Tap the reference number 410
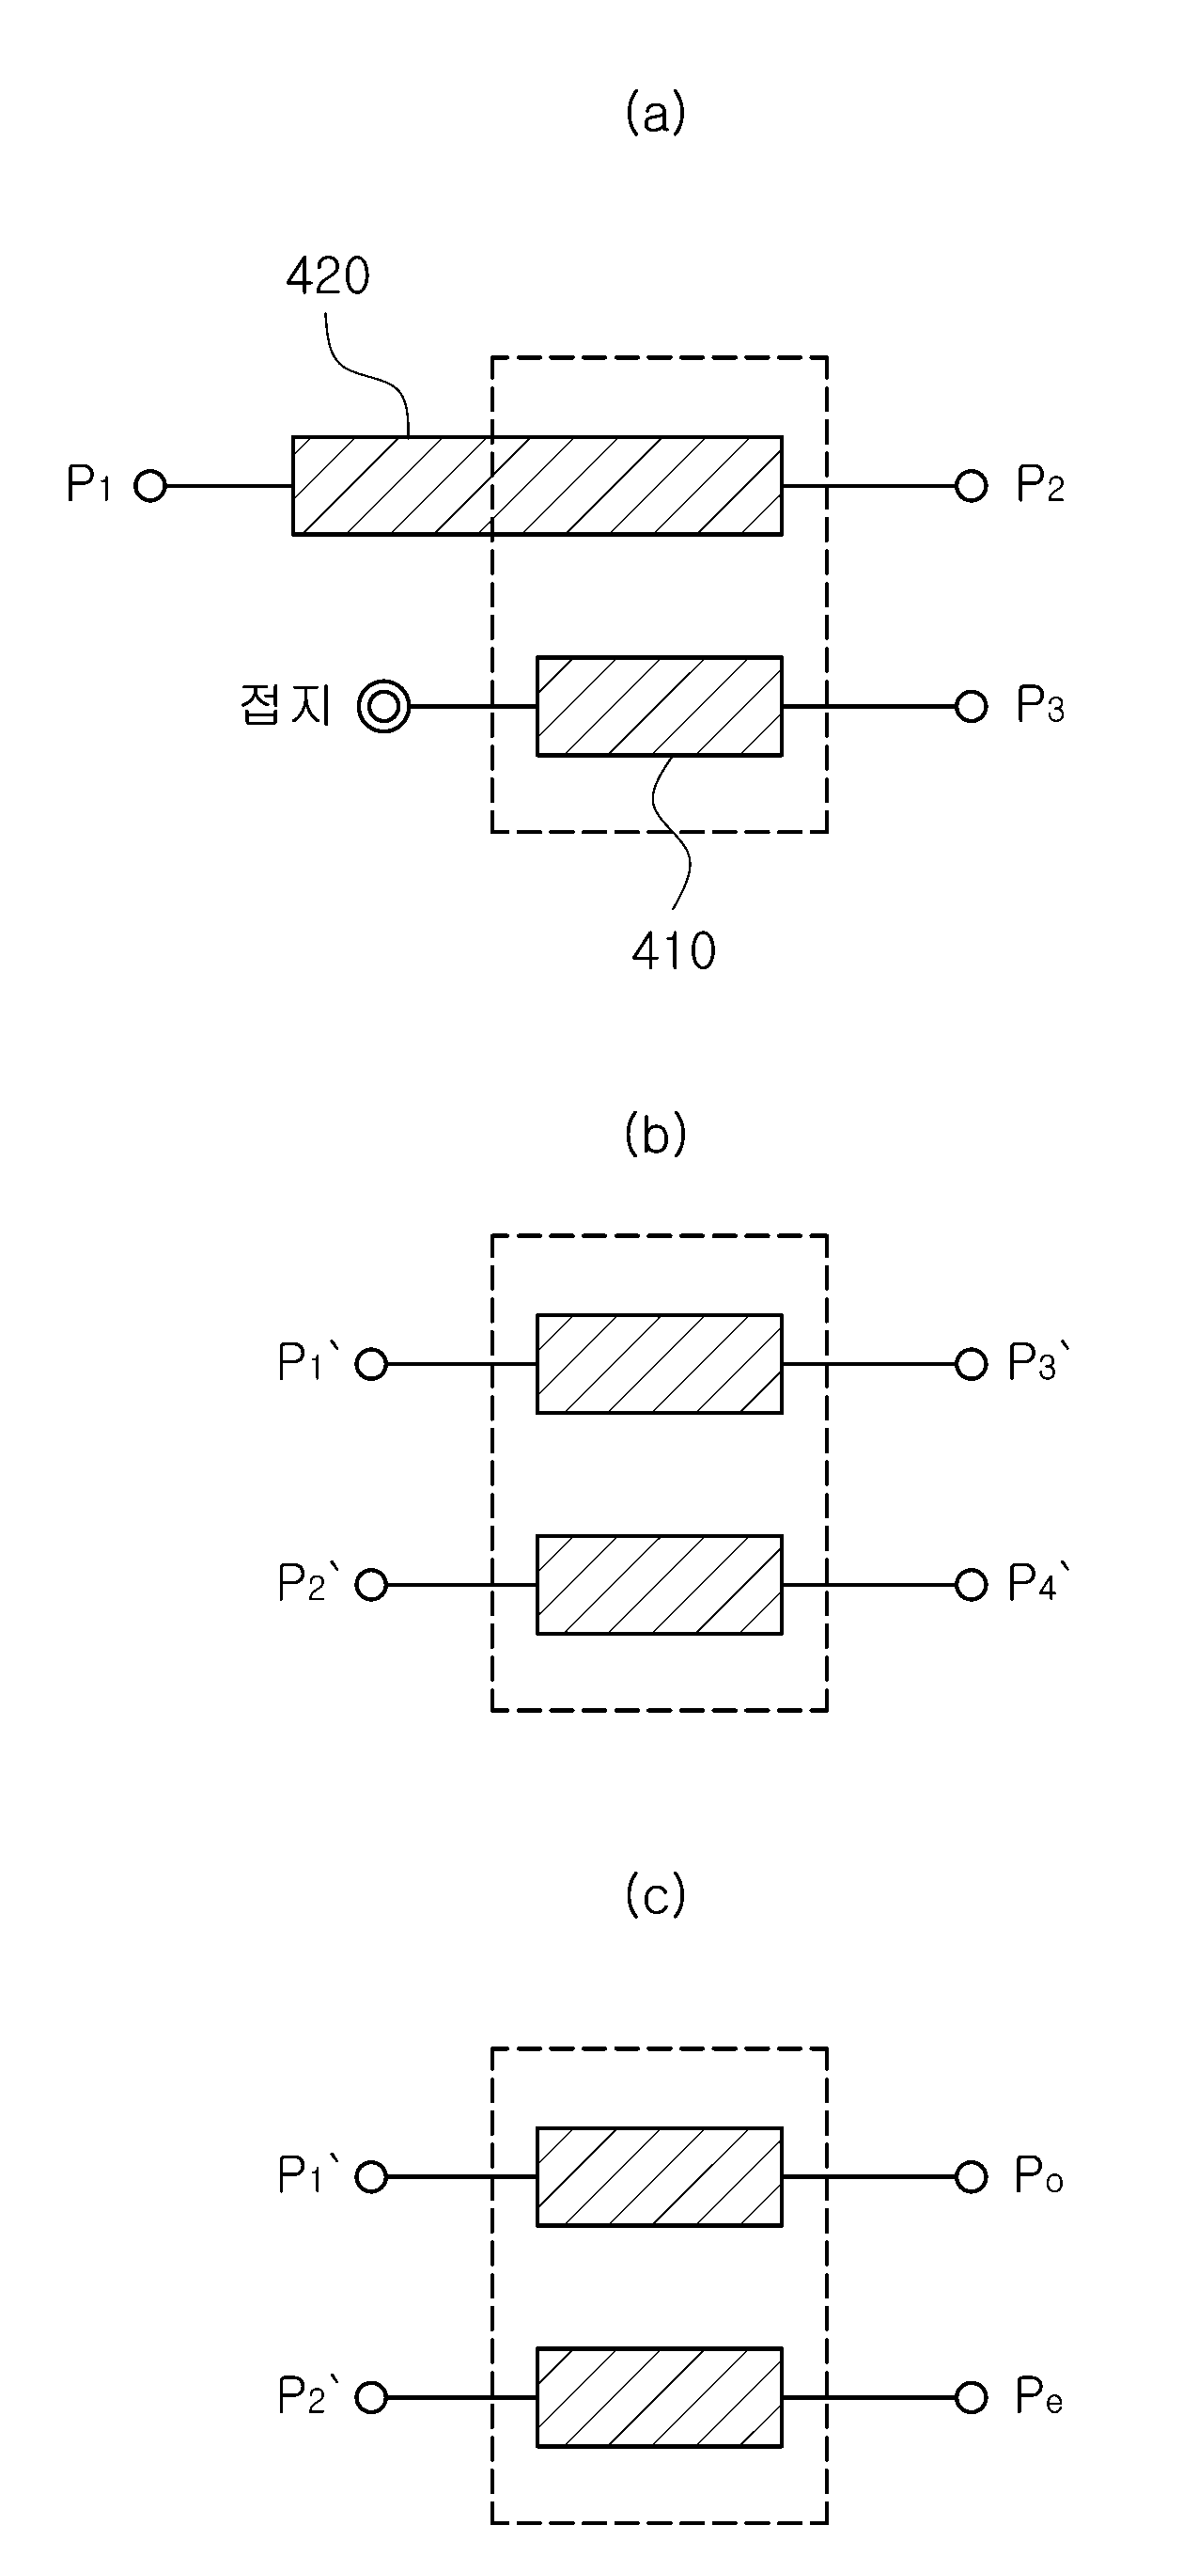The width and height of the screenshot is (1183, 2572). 674,950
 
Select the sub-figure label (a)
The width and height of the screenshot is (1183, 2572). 655,113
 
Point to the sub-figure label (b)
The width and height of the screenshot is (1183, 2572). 655,1135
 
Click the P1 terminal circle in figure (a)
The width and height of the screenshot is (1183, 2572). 150,486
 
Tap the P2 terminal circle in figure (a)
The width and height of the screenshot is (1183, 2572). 971,486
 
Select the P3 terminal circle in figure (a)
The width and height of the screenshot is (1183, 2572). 971,707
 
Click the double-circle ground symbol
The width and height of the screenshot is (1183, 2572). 384,707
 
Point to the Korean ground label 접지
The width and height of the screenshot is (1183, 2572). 286,705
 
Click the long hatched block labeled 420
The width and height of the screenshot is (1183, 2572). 537,486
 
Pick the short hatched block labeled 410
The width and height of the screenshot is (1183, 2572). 660,706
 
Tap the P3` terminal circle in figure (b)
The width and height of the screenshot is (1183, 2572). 971,1364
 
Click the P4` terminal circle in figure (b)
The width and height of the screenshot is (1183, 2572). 971,1585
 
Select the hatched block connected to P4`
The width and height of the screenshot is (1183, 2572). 660,1585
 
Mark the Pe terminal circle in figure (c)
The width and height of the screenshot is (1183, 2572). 971,2397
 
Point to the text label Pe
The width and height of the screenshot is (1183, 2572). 1039,2396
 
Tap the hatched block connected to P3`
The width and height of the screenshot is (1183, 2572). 660,1364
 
